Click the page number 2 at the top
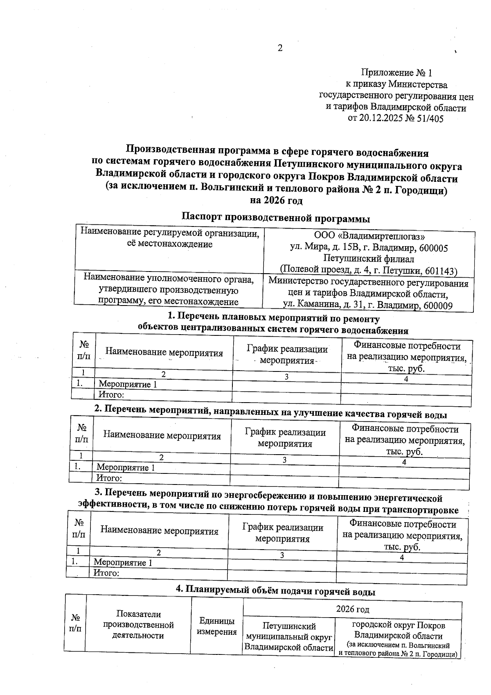[x=280, y=48]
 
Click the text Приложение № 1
[x=396, y=73]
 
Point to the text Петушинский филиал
[x=369, y=259]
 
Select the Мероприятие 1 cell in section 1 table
[x=128, y=385]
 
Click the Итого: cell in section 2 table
[x=109, y=478]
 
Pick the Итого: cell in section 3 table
[x=106, y=573]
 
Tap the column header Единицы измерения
[x=217, y=626]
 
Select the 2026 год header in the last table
[x=352, y=610]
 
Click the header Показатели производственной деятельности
[x=138, y=625]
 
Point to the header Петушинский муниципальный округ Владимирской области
[x=289, y=637]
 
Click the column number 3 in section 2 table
[x=284, y=460]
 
